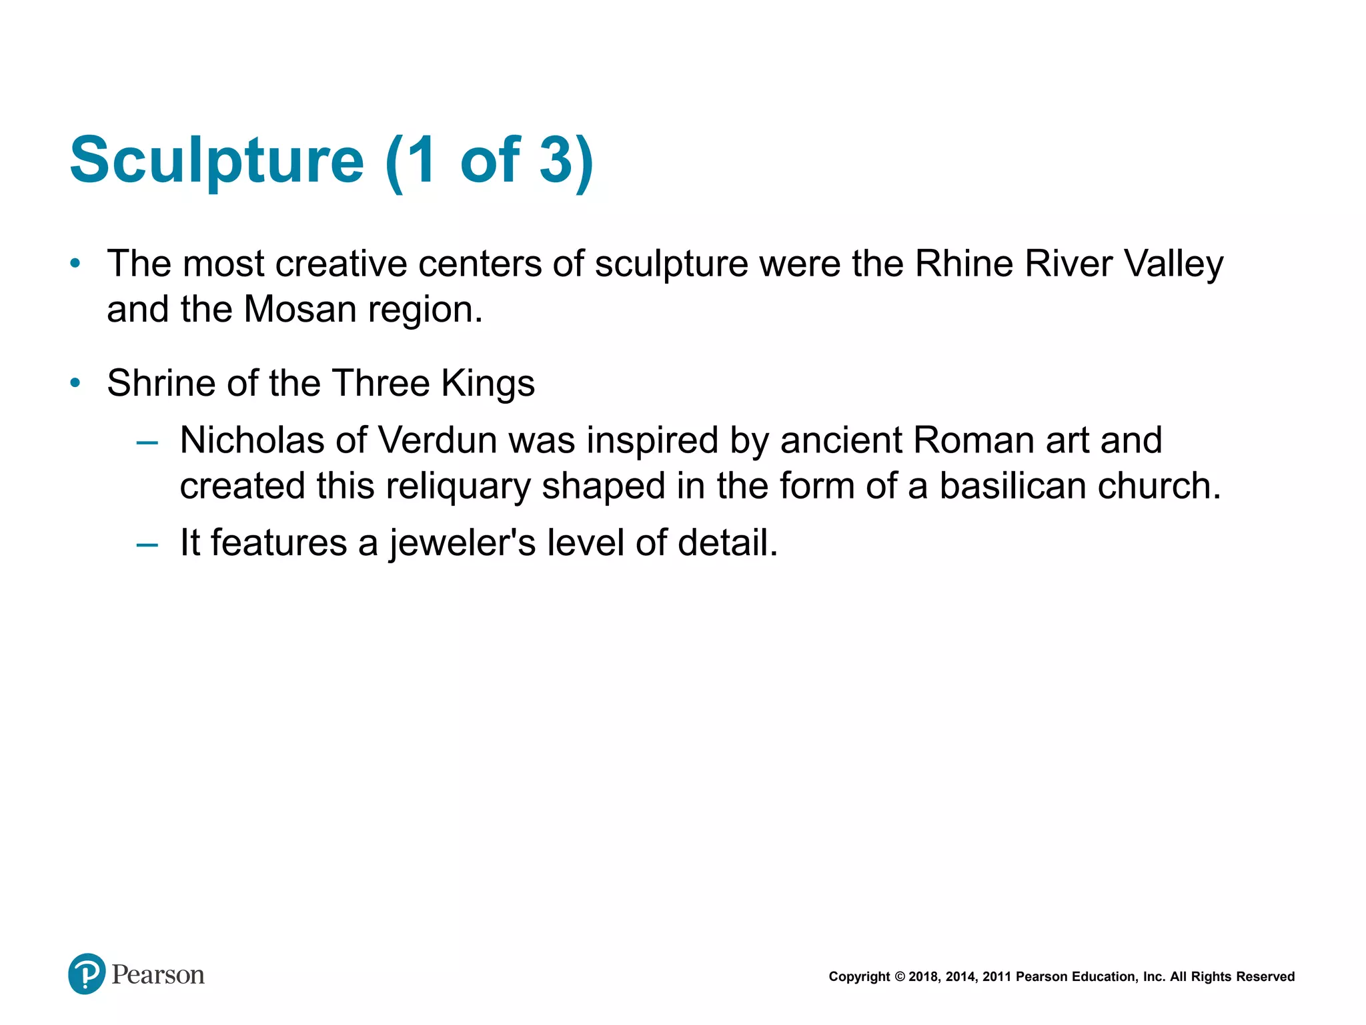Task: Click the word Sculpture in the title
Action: (x=217, y=160)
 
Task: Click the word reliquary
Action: (x=457, y=486)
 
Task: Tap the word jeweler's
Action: (x=463, y=543)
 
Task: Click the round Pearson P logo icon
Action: (x=87, y=974)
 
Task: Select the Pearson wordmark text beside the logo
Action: (x=158, y=975)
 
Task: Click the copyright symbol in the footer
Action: (x=899, y=977)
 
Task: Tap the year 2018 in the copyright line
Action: (x=923, y=977)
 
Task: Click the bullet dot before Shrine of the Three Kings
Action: (x=75, y=383)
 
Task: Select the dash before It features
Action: (x=147, y=544)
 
